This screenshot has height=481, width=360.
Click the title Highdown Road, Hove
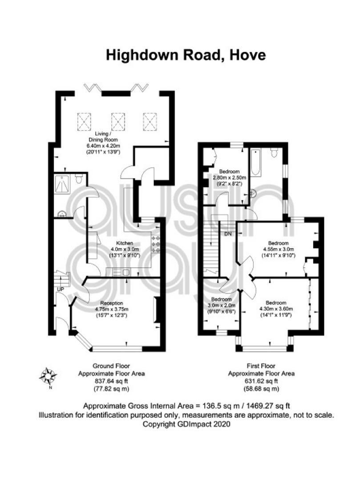[x=186, y=56]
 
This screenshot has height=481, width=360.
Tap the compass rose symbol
[x=49, y=376]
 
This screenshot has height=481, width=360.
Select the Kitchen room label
[x=125, y=243]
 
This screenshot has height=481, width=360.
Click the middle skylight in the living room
[x=118, y=122]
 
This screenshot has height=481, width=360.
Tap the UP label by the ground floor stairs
[x=61, y=289]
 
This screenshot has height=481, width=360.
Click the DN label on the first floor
[x=228, y=234]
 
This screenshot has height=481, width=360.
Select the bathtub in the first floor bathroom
[x=256, y=163]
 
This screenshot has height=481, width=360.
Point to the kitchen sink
[x=122, y=272]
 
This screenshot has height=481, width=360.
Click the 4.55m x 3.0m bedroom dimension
[x=279, y=249]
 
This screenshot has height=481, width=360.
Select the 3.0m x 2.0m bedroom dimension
[x=222, y=306]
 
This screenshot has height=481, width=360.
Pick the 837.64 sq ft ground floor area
[x=111, y=381]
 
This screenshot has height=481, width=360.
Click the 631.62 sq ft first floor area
[x=261, y=381]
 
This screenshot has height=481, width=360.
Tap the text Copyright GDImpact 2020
[x=186, y=424]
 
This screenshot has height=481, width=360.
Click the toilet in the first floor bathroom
[x=275, y=152]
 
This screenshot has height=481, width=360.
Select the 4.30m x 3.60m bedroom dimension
[x=276, y=309]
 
